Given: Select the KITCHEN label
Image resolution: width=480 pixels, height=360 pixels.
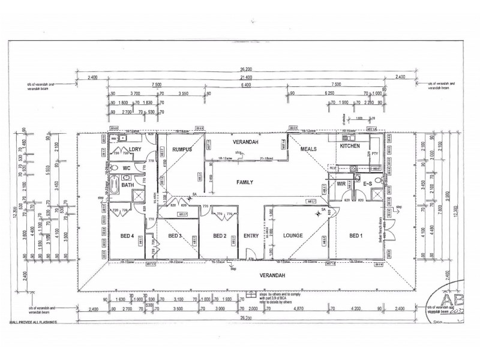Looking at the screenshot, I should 350,146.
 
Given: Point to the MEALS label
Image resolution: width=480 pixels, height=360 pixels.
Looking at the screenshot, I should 310,150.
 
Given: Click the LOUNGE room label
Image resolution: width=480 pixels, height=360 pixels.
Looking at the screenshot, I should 292,236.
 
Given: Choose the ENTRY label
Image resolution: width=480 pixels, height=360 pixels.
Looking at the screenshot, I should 251,236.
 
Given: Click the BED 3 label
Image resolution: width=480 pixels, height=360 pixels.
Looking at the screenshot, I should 175,236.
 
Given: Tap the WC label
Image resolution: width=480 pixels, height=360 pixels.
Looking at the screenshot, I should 127,169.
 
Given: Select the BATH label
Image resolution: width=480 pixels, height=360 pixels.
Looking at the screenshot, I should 127,185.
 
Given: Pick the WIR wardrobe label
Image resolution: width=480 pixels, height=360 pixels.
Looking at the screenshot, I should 341,184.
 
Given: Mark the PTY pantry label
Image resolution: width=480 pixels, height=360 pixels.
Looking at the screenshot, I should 374,154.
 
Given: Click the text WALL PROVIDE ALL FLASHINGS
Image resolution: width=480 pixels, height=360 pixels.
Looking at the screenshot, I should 41,322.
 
